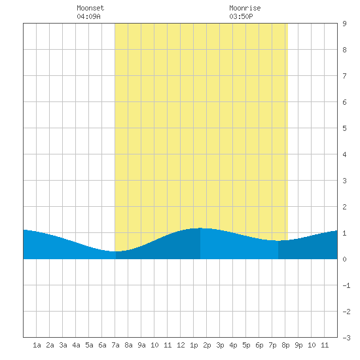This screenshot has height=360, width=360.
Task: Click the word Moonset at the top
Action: click(90, 8)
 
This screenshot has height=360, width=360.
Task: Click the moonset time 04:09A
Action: click(88, 16)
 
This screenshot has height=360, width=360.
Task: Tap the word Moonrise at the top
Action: click(245, 8)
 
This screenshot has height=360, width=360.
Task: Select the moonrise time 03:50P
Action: click(241, 16)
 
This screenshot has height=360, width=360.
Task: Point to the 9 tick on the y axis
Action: click(344, 24)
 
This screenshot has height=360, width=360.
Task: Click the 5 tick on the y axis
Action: click(344, 128)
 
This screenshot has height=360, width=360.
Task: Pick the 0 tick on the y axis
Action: click(344, 259)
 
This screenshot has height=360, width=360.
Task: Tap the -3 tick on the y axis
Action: click(346, 338)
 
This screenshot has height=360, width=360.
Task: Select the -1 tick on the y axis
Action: click(346, 285)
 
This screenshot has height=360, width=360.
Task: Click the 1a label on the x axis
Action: click(37, 345)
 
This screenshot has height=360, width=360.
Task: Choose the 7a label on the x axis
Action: click(115, 345)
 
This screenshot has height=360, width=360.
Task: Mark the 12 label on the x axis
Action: click(181, 345)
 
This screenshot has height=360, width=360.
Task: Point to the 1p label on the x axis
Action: click(194, 345)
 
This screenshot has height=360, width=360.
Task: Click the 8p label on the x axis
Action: click(285, 345)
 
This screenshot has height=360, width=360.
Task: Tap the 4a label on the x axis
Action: click(76, 345)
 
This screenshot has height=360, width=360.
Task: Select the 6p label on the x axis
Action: click(259, 345)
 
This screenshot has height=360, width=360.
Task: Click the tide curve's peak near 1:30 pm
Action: click(200, 228)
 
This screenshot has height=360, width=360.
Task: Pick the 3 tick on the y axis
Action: click(344, 181)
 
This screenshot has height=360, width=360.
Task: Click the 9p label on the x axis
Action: click(298, 345)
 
